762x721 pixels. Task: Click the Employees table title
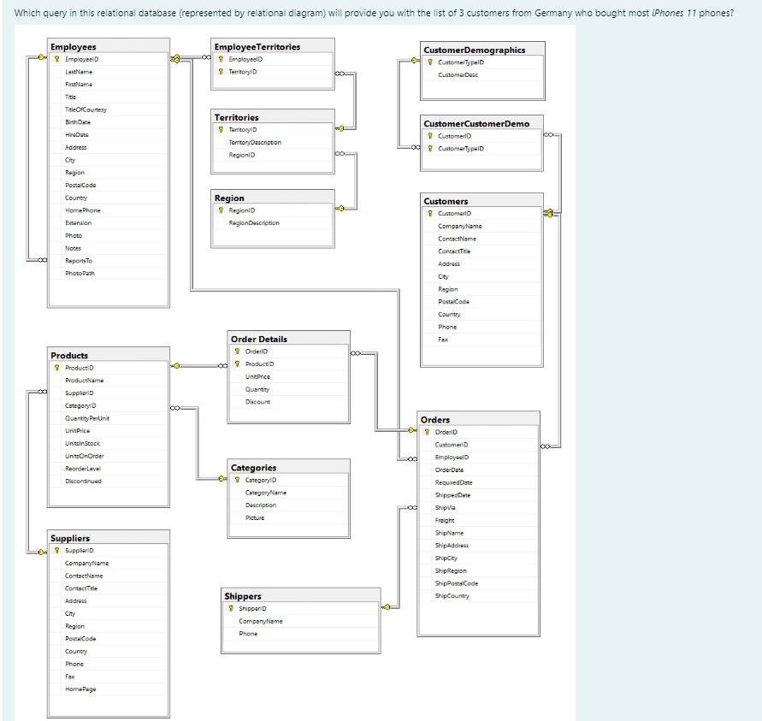(74, 46)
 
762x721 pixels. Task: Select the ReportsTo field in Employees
(79, 260)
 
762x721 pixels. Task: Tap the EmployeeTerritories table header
(257, 46)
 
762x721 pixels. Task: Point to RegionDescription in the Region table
(254, 222)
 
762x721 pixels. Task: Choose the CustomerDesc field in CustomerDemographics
(458, 74)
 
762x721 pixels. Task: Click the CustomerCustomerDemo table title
(476, 123)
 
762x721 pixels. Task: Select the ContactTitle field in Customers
(454, 251)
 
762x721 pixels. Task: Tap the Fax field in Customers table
(442, 339)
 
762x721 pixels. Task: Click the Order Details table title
(259, 339)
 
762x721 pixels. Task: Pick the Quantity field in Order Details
(257, 388)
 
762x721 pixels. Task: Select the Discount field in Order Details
(257, 401)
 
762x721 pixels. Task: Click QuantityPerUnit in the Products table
(87, 417)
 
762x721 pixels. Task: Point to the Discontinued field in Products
(83, 481)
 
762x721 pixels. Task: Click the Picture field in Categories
(255, 517)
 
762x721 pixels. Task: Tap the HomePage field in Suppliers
(80, 688)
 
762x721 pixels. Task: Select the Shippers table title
(243, 595)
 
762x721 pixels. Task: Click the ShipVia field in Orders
(445, 507)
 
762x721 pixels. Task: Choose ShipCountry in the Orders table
(452, 595)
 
